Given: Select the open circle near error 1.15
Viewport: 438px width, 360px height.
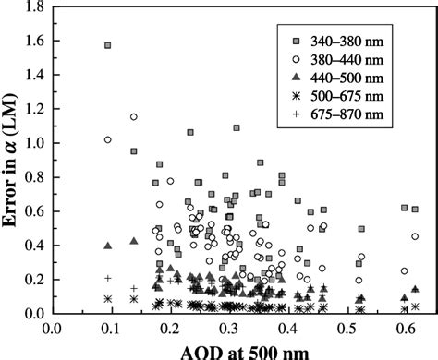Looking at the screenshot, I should click(133, 117).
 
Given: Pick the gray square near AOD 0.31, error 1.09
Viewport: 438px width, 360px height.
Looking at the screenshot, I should click(237, 128).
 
